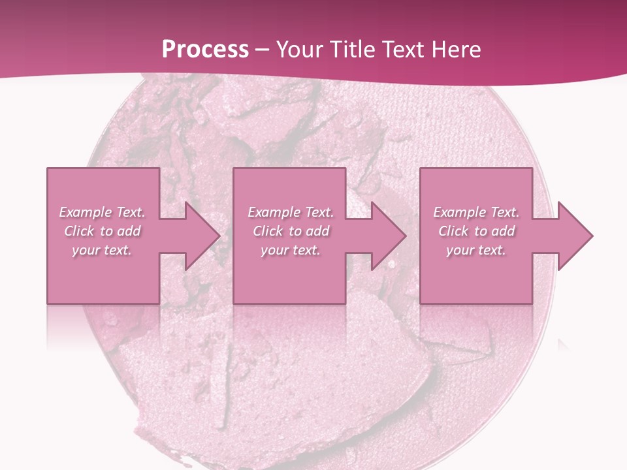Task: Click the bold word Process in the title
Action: [205, 50]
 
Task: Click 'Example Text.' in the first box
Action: [102, 212]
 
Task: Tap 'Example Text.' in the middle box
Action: [290, 212]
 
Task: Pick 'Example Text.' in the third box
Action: [476, 212]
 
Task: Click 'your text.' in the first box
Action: [102, 250]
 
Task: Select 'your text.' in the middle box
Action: [290, 250]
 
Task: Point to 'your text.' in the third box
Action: [476, 250]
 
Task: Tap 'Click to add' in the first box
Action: [102, 231]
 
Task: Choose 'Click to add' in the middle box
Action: [290, 231]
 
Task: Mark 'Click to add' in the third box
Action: [476, 231]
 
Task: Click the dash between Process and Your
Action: [262, 50]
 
